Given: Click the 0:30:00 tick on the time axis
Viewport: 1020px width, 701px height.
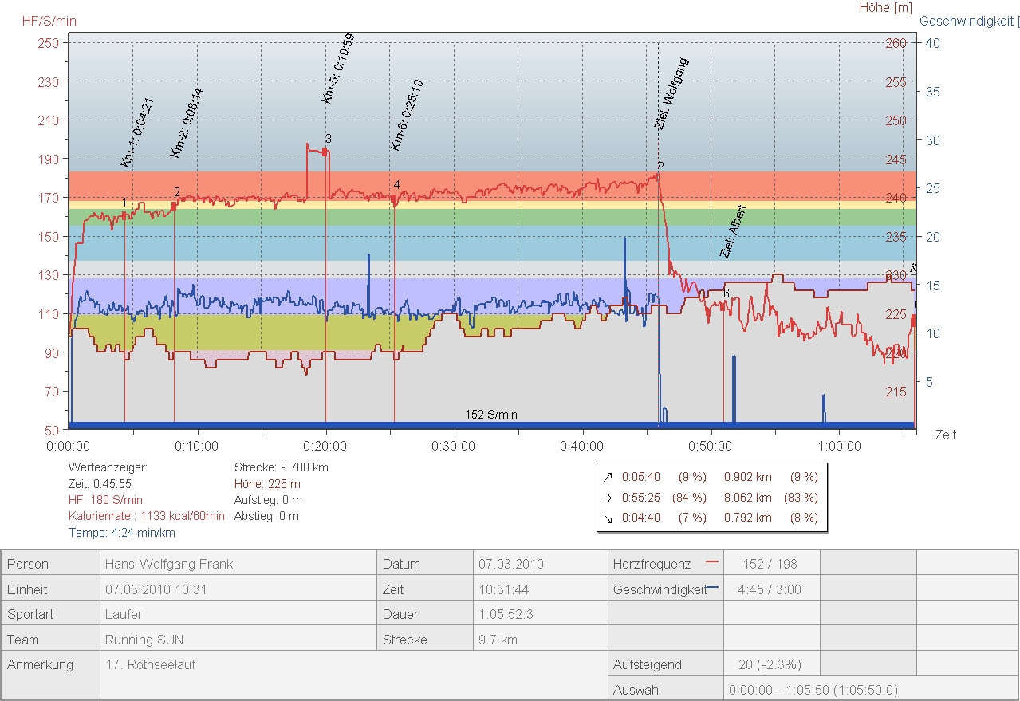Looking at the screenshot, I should coord(454,446).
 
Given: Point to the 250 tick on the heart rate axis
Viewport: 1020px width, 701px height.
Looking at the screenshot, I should coord(49,43).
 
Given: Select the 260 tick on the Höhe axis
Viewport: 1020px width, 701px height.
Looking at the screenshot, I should coord(896,43).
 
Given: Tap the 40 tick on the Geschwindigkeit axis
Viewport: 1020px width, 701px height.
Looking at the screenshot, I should coord(931,43).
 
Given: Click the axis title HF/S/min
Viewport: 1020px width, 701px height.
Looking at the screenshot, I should coord(49,21).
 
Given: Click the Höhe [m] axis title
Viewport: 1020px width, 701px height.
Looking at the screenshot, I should coord(885,8).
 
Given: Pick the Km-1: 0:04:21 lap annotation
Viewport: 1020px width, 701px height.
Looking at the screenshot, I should coord(137,132).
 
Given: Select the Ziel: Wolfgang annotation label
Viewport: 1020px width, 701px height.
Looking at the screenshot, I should coord(670,93).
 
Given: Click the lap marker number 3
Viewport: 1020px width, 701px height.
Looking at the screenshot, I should coord(328,139).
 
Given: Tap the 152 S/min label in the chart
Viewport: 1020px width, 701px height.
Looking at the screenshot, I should coord(491,415).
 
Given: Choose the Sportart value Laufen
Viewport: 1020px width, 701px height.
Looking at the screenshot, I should coord(125,614).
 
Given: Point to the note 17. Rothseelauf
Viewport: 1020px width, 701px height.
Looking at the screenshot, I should coord(150,664).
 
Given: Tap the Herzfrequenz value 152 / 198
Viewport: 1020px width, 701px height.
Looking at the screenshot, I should coord(770,564).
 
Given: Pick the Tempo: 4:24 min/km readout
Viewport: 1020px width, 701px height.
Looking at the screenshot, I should coord(121,532).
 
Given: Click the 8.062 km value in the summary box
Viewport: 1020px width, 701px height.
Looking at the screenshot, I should coord(747,497).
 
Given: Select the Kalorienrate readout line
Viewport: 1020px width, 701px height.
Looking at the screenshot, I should coord(147,516).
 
